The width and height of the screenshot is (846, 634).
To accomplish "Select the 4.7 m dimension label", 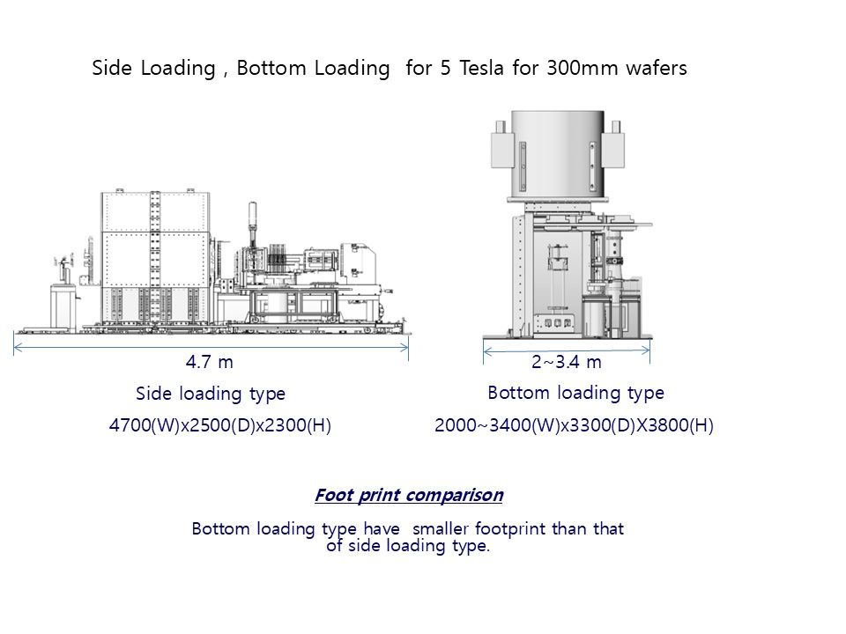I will [210, 361].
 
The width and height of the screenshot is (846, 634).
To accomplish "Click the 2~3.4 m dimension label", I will [566, 361].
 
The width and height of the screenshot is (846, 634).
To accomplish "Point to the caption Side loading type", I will [211, 394].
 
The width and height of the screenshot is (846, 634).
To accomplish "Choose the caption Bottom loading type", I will [575, 393].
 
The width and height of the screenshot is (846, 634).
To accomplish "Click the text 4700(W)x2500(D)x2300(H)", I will [219, 426].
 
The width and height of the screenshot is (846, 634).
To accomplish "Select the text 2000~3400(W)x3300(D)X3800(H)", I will [574, 426].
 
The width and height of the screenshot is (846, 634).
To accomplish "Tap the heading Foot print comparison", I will [409, 495].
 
